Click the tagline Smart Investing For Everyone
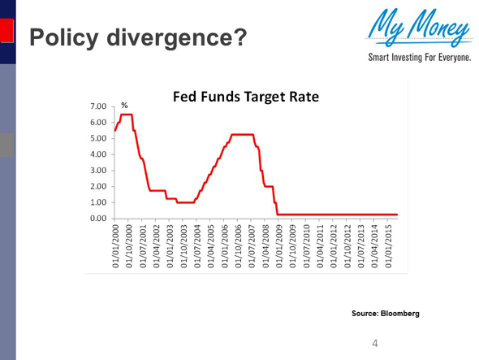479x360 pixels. point(421,59)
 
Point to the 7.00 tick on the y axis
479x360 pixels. point(97,106)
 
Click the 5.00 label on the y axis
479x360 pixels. point(97,139)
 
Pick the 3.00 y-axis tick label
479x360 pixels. point(97,171)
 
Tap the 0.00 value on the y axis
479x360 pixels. point(97,219)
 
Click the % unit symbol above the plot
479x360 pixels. point(124,106)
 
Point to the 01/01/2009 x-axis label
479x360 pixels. point(279,248)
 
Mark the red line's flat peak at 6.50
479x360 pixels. point(127,115)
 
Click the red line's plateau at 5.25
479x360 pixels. point(243,135)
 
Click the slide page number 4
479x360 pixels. point(374,344)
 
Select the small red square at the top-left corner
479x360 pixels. point(6,30)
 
